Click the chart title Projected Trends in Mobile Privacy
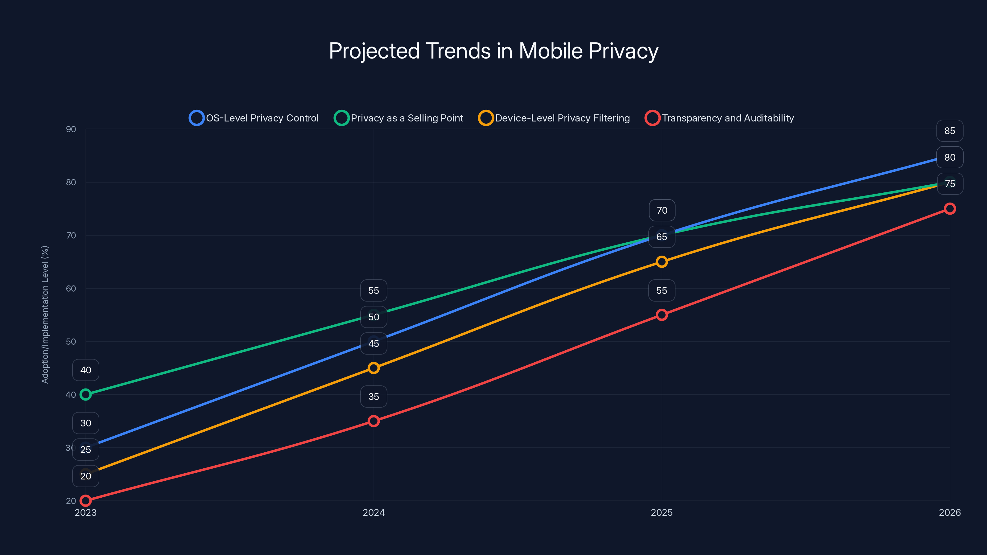[493, 51]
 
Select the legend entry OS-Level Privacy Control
[254, 118]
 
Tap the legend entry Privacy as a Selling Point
[399, 118]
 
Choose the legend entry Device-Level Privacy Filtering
[554, 118]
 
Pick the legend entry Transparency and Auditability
[720, 118]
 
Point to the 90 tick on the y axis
[71, 129]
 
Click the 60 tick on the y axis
[71, 288]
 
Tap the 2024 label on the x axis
[374, 512]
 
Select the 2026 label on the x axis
[949, 512]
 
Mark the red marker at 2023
[85, 501]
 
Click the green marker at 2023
[85, 395]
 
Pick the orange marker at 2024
[374, 368]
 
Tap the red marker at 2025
[662, 315]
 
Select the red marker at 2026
[949, 209]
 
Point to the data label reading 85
[949, 131]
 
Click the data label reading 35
[374, 397]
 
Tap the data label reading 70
[662, 210]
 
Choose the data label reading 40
[85, 370]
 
